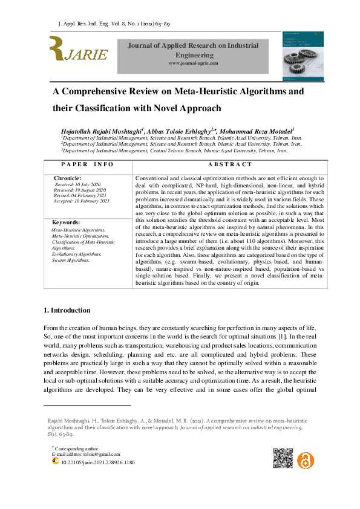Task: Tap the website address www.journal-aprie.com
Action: point(193,63)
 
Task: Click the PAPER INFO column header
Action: point(87,164)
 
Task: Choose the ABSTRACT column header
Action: point(229,164)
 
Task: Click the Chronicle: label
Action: point(67,180)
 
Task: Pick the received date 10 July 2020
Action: point(85,184)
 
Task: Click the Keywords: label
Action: point(66,223)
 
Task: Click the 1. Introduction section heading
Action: point(67,311)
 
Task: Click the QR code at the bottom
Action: point(284,458)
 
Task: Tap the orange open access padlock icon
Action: point(306,458)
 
